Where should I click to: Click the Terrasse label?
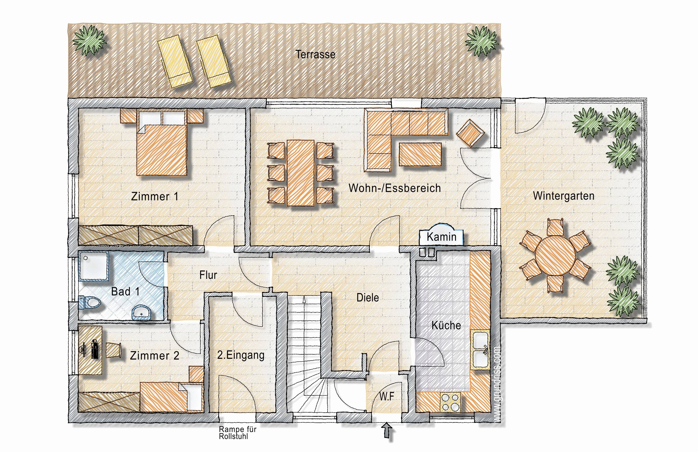tap(315, 55)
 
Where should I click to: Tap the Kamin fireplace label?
tap(441, 237)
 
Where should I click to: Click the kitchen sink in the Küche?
tap(480, 349)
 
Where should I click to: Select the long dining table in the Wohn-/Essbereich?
tap(301, 173)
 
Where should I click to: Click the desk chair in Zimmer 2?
tap(113, 350)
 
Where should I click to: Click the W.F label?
tap(386, 397)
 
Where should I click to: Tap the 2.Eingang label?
tap(241, 355)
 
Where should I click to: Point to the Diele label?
tap(368, 298)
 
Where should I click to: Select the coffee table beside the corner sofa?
tap(420, 154)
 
